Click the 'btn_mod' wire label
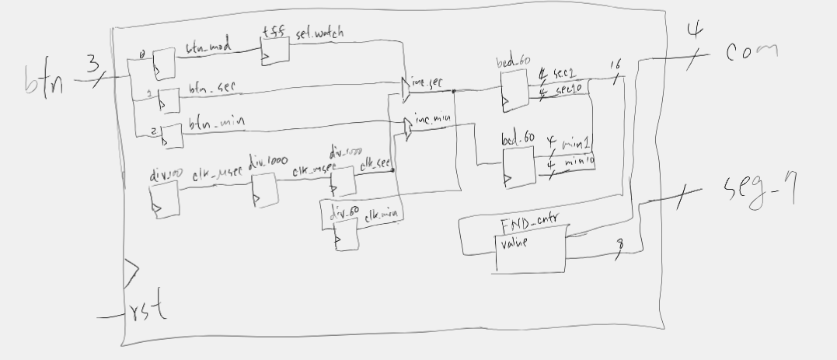[x=205, y=48]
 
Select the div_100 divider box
[x=164, y=201]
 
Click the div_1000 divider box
[x=264, y=189]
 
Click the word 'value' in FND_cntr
[x=515, y=243]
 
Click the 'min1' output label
[x=577, y=145]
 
